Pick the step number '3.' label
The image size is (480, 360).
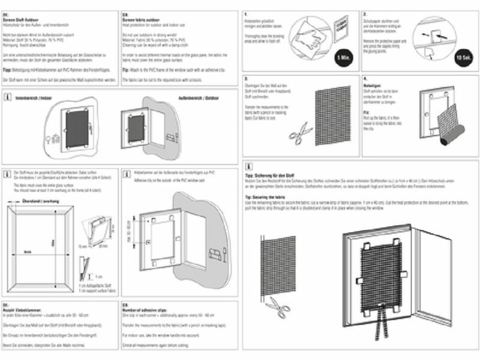coord(246,79)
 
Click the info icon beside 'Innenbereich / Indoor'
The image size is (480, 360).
coord(7,97)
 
